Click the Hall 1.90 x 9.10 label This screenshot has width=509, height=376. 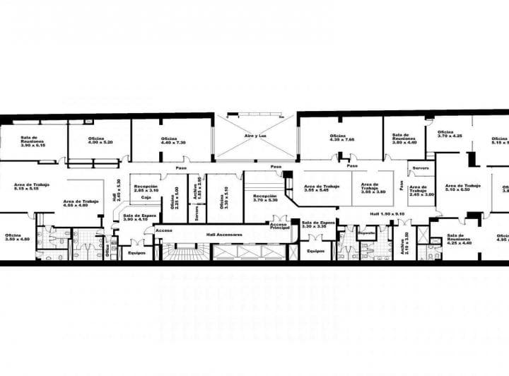click(x=387, y=213)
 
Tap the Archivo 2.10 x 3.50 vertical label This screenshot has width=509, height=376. click(x=406, y=243)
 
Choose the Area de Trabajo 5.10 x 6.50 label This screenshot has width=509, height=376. click(x=464, y=187)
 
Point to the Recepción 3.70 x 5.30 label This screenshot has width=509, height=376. click(x=265, y=198)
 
